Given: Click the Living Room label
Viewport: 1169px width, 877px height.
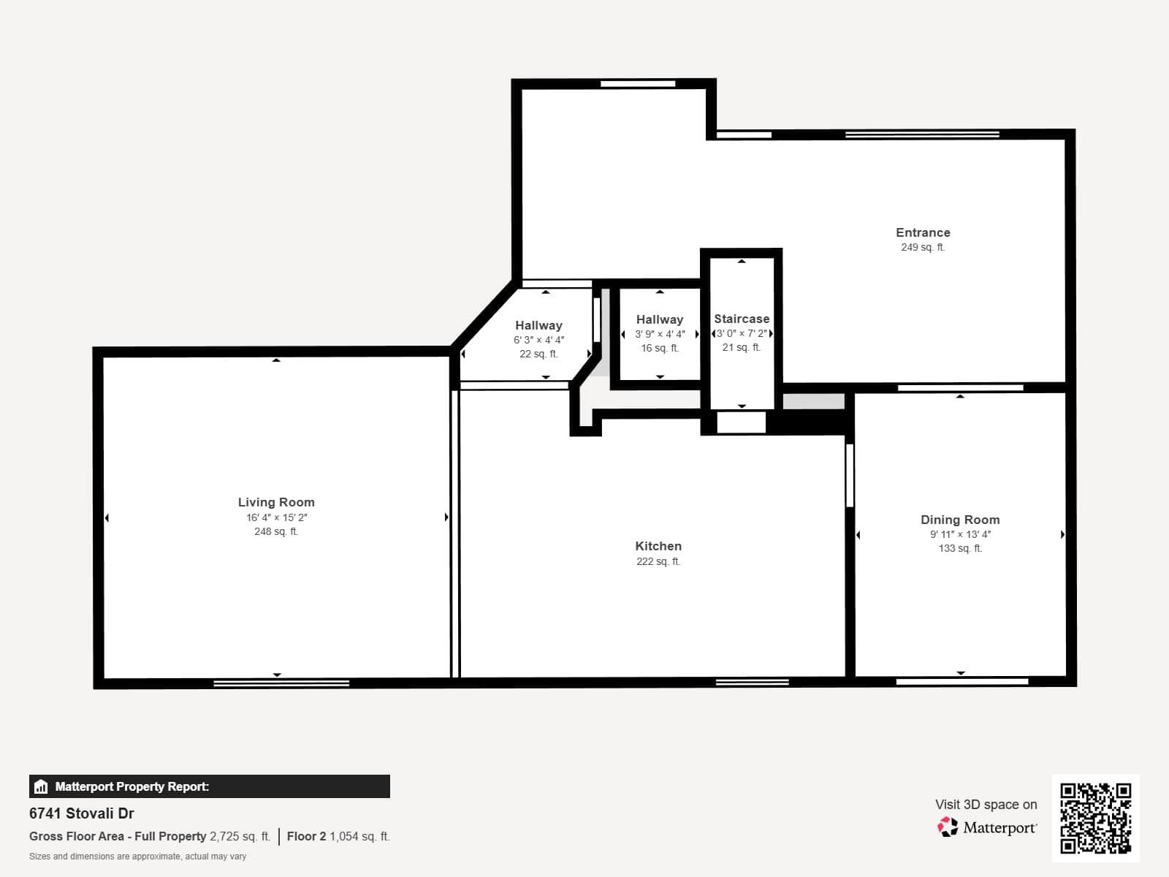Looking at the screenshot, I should [276, 502].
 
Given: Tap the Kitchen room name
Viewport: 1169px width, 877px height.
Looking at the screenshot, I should [658, 546].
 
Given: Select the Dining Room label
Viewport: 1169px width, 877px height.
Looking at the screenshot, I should [959, 520].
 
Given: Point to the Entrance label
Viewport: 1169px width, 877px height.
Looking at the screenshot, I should [923, 232].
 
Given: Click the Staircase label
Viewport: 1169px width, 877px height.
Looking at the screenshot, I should [741, 319].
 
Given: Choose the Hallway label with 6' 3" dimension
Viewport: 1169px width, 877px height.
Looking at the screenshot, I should [538, 325].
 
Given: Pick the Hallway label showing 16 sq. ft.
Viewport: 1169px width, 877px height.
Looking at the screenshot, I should [659, 319].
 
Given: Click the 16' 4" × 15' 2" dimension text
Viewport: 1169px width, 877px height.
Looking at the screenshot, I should [276, 517].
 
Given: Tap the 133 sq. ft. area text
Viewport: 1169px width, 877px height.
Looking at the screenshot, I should [959, 548].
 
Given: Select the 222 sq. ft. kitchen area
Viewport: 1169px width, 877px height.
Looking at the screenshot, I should [658, 561].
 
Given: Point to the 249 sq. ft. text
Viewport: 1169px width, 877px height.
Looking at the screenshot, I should [923, 247].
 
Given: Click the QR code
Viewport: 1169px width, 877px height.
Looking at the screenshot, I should [1095, 818].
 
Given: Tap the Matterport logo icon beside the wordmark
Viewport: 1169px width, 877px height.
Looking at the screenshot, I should [948, 827].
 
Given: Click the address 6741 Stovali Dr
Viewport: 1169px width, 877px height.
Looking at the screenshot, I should [82, 813].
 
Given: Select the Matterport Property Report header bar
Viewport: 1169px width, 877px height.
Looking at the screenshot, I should [210, 786].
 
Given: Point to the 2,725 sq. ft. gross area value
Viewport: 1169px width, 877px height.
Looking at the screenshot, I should [240, 836].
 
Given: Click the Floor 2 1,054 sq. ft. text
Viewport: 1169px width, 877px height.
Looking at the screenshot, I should [338, 836].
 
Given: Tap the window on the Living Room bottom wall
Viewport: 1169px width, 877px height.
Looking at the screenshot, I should [281, 683].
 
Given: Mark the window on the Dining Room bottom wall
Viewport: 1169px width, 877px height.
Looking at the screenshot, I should [962, 682].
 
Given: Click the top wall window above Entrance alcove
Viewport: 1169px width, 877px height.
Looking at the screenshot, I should [638, 84].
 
